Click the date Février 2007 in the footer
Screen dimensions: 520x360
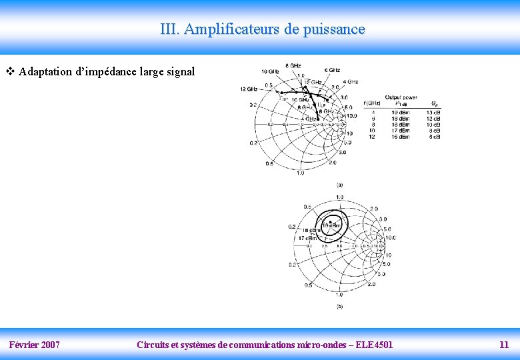click(x=34, y=345)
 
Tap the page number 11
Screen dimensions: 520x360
click(x=504, y=345)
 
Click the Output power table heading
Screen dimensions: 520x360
click(x=401, y=97)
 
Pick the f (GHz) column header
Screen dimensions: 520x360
click(x=372, y=103)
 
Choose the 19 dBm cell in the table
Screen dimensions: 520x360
click(x=401, y=113)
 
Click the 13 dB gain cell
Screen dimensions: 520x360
click(x=433, y=113)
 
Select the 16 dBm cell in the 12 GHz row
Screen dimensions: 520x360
click(x=401, y=137)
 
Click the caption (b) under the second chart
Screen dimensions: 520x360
click(x=339, y=307)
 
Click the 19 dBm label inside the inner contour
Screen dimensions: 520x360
click(x=332, y=225)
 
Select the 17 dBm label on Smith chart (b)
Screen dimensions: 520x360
click(x=307, y=238)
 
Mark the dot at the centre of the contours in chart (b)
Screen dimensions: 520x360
click(x=331, y=221)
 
